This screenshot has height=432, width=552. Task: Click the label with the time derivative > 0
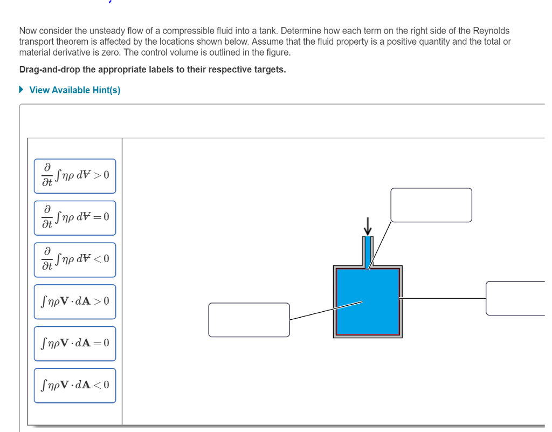click(x=75, y=176)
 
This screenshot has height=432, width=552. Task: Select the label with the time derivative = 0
click(x=75, y=218)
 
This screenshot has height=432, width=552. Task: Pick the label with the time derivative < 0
click(x=75, y=259)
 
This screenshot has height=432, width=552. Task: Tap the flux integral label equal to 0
click(x=75, y=344)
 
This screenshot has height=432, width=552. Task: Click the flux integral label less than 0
click(x=75, y=386)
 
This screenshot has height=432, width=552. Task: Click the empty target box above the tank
click(x=431, y=205)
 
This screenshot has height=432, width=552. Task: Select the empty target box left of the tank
click(x=249, y=320)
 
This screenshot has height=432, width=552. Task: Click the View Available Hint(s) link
click(x=75, y=90)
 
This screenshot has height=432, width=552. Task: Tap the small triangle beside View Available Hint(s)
click(x=22, y=90)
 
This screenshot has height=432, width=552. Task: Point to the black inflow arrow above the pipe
click(x=368, y=226)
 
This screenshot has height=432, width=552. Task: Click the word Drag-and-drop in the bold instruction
click(x=46, y=70)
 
